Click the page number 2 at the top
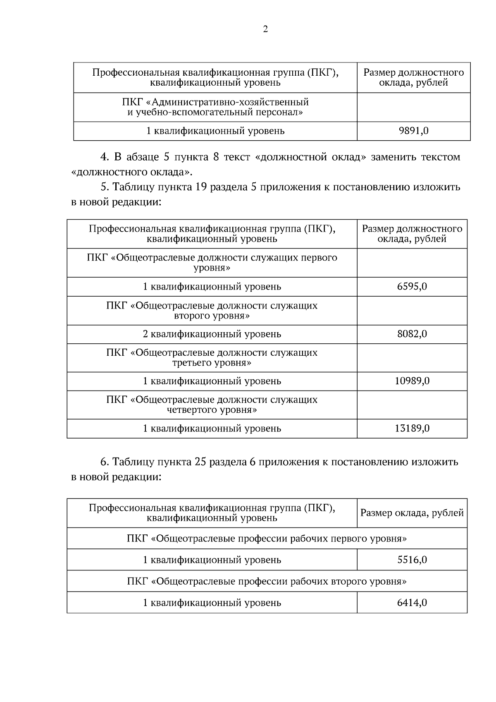pos(265,29)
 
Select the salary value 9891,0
pos(413,131)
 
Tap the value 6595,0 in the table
pos(412,287)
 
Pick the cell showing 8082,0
pos(412,334)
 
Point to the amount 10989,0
pos(412,381)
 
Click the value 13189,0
pos(412,429)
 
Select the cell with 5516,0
pos(412,560)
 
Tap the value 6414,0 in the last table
pos(412,603)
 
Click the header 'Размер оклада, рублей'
pos(412,513)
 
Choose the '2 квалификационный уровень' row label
pos(212,334)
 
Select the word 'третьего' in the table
pos(192,363)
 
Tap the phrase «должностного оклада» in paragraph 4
pos(132,172)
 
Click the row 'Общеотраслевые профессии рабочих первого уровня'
pos(267,539)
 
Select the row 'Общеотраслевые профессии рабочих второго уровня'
pos(267,582)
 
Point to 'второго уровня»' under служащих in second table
pos(212,316)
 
